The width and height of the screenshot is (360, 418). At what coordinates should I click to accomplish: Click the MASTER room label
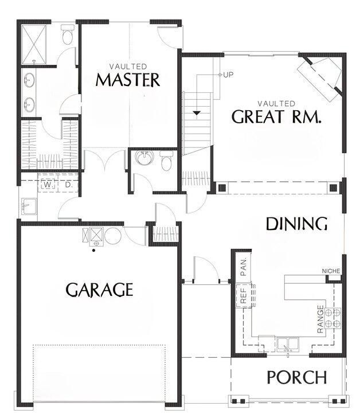point(127,80)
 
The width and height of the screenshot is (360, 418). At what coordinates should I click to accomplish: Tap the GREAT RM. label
point(276,117)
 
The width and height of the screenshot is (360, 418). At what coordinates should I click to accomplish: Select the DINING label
point(297,224)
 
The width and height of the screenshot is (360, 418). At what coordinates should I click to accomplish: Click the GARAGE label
point(99,290)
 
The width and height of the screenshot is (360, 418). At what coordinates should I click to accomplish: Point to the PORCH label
point(297,378)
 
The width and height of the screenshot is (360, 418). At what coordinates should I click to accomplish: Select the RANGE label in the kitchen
point(320,319)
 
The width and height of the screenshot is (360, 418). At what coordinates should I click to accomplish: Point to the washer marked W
point(48,185)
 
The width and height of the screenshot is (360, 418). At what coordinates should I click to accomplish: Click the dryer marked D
point(68,185)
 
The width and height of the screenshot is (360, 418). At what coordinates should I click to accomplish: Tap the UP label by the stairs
point(228,75)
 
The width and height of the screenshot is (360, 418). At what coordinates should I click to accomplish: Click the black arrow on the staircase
point(198,113)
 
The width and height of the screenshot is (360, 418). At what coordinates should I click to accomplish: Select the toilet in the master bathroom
point(66,37)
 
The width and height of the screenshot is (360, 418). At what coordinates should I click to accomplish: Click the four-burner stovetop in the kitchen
point(333,318)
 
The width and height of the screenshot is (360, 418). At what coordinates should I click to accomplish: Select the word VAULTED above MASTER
point(127,67)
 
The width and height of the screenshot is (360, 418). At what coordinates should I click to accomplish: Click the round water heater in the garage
point(112,236)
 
